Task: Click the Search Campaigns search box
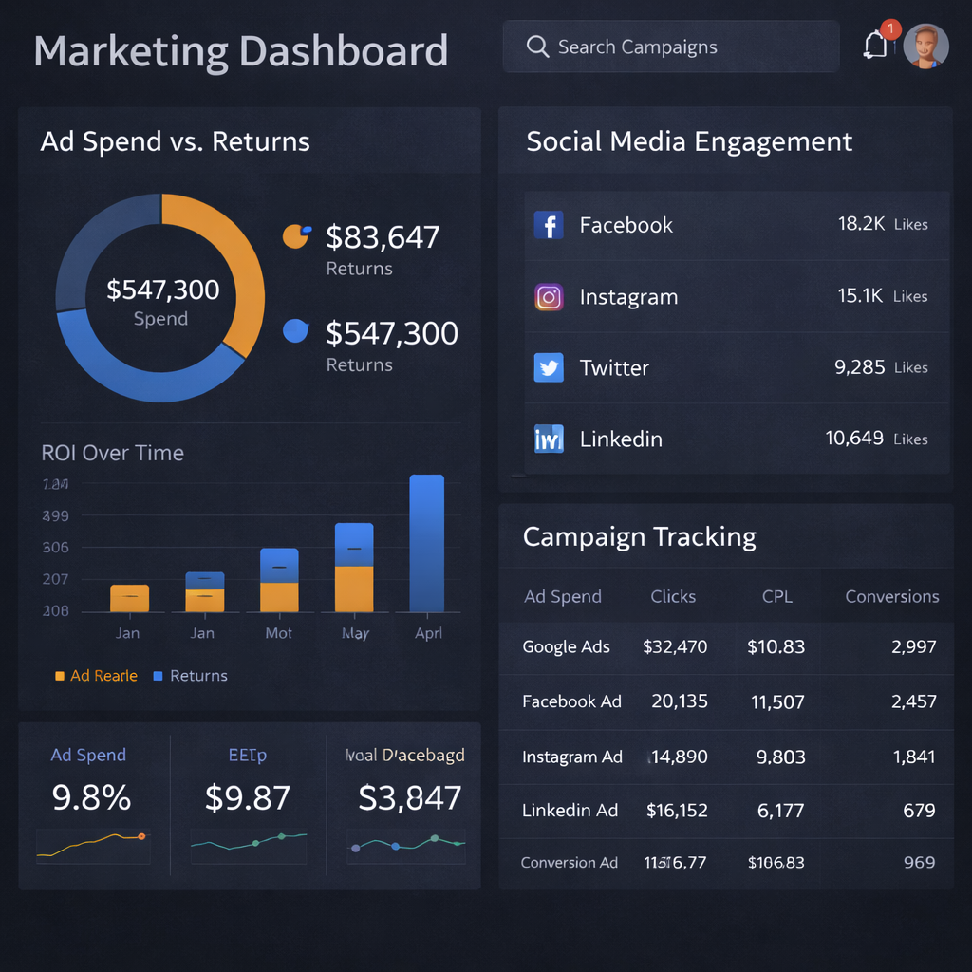click(670, 47)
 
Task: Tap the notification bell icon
click(875, 46)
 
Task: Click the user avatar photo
click(925, 46)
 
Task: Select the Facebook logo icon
click(549, 225)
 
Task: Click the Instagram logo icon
click(549, 297)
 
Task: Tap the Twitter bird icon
click(549, 367)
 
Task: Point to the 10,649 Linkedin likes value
click(854, 439)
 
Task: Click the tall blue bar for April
click(426, 543)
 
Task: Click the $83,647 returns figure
click(383, 236)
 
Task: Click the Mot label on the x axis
click(278, 633)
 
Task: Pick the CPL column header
click(776, 596)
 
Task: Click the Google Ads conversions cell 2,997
click(913, 647)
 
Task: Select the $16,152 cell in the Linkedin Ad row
click(677, 811)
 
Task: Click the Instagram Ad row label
click(571, 757)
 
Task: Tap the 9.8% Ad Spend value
click(91, 798)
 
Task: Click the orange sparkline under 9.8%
click(92, 843)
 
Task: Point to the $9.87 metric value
click(247, 798)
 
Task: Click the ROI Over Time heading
click(112, 453)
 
